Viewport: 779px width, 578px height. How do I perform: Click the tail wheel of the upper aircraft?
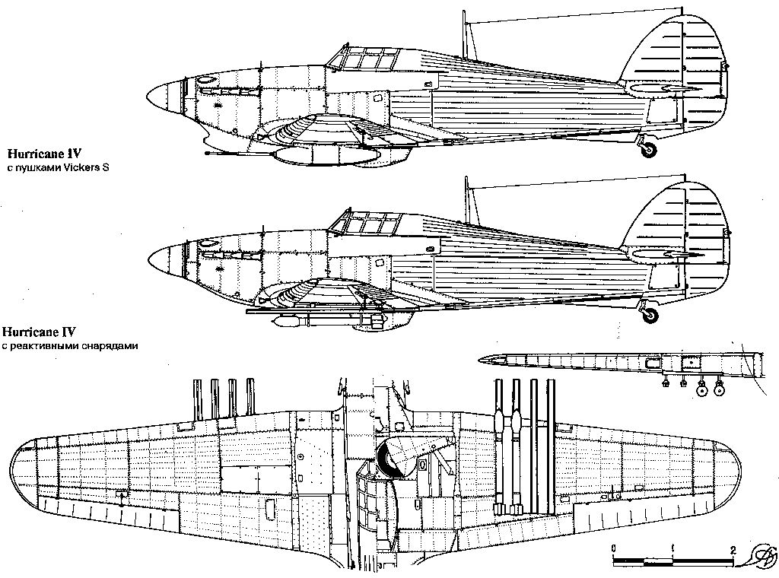click(x=649, y=150)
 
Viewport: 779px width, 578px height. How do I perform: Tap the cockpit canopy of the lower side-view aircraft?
click(x=364, y=223)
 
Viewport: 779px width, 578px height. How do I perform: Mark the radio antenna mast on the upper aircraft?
click(x=466, y=34)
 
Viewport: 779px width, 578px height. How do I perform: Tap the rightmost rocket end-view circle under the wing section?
click(x=717, y=389)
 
